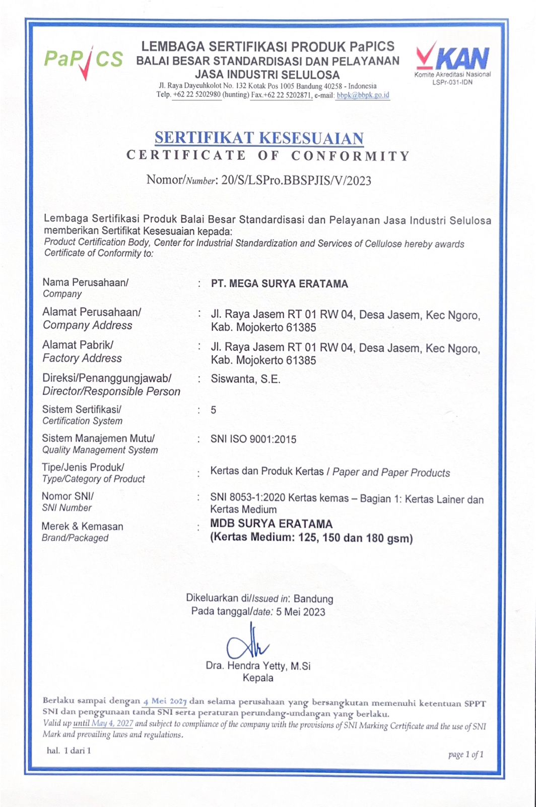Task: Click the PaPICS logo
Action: tap(83, 60)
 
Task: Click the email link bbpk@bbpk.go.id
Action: tap(363, 95)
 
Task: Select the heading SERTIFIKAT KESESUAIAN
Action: tap(259, 138)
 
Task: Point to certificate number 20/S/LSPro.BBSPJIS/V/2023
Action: tap(296, 181)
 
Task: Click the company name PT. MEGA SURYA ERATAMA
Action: tap(280, 283)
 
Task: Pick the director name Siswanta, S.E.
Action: tap(245, 379)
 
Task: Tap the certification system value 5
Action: tap(214, 410)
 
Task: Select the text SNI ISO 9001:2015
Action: tap(253, 439)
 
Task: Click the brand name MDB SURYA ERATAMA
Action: tap(272, 524)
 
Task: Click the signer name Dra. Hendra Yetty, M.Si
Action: tap(258, 666)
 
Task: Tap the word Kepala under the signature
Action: tap(258, 678)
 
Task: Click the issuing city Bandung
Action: tap(313, 599)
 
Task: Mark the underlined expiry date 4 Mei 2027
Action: tap(165, 701)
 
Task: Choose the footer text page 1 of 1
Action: tap(466, 755)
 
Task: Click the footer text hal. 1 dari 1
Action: tap(69, 751)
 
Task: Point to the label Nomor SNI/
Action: tap(68, 496)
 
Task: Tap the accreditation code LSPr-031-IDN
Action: tap(452, 82)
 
